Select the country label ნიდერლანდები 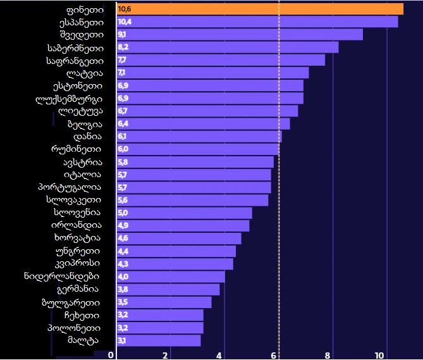pos(61,276)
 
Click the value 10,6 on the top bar pos(125,9)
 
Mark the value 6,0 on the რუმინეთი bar pos(123,149)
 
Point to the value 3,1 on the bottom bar pos(122,341)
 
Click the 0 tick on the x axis pos(111,355)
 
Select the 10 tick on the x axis pos(379,355)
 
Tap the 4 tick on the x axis pos(219,355)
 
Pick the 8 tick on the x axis pos(328,355)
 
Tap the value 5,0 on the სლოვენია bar pos(123,213)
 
